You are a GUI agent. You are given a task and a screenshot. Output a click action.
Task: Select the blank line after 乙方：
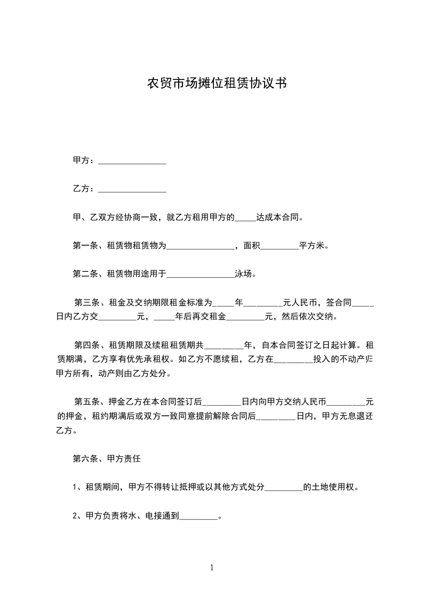click(x=133, y=189)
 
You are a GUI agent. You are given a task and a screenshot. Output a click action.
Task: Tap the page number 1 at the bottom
click(x=212, y=568)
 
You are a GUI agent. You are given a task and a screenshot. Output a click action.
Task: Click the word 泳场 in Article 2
click(x=245, y=275)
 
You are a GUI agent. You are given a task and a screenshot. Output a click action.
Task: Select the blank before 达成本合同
click(x=245, y=218)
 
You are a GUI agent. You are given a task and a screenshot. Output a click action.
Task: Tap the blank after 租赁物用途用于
click(x=201, y=276)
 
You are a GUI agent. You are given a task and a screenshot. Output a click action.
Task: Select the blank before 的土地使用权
click(x=284, y=487)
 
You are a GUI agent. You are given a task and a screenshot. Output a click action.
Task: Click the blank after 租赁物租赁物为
click(x=201, y=247)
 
